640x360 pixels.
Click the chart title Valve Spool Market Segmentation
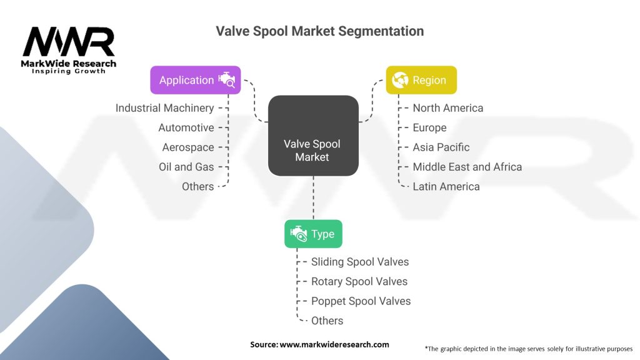[319, 31]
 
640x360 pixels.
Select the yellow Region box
[421, 80]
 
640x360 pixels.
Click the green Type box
[313, 234]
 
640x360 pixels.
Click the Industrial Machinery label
[164, 108]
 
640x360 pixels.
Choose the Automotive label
[186, 127]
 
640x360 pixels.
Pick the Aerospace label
[187, 147]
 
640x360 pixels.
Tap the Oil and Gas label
[186, 167]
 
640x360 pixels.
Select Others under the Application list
[197, 186]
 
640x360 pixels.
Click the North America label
[447, 108]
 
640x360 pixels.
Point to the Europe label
[429, 127]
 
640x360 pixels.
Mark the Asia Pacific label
[441, 147]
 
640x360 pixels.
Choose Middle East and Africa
[467, 167]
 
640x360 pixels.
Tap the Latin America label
[446, 186]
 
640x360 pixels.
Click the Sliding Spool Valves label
[359, 262]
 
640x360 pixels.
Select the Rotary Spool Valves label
[359, 281]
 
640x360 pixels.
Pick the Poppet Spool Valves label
[361, 301]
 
